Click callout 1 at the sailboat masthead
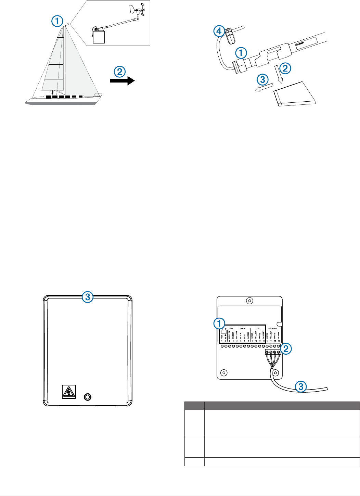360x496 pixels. pos(57,21)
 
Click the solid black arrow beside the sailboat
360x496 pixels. pos(122,81)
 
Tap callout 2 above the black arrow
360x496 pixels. pos(119,72)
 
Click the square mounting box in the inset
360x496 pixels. pos(99,37)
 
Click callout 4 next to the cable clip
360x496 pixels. pos(219,31)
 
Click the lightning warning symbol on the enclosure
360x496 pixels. pos(69,392)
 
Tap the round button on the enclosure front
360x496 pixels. pos(88,397)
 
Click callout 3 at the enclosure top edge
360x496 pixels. pos(88,297)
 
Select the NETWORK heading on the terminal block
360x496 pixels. pos(273,328)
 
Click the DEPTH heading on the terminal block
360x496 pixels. pos(243,328)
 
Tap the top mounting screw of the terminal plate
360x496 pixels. pos(250,301)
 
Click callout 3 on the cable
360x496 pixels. pos(301,387)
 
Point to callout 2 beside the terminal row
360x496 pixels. pos(286,348)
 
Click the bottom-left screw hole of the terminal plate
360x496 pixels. pos(224,372)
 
